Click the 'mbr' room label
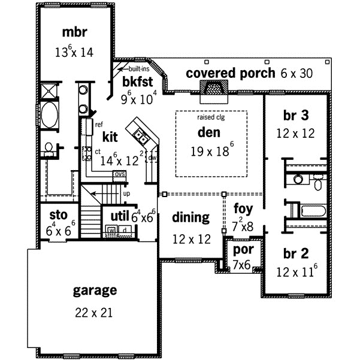click(76, 31)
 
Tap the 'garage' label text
click(94, 291)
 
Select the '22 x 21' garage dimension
click(94, 312)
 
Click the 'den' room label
click(209, 132)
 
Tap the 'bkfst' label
click(135, 80)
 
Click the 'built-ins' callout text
click(138, 69)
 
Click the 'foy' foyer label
click(243, 210)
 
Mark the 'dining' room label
click(190, 218)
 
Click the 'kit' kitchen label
click(110, 137)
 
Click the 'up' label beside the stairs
click(126, 194)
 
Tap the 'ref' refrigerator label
click(99, 125)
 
